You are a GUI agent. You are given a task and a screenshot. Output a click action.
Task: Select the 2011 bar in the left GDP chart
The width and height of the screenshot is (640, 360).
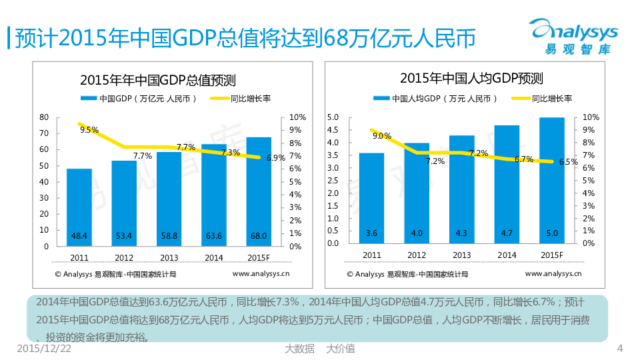pyautogui.click(x=79, y=207)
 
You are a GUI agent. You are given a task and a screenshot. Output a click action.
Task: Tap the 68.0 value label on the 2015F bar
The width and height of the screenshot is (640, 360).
pyautogui.click(x=259, y=235)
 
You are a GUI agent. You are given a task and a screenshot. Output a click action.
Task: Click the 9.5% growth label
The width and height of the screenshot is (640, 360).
pyautogui.click(x=89, y=130)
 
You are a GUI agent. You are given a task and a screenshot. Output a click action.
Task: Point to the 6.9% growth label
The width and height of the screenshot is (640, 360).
pyautogui.click(x=275, y=158)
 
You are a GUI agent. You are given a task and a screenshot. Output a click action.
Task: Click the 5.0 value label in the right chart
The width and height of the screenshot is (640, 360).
pyautogui.click(x=551, y=233)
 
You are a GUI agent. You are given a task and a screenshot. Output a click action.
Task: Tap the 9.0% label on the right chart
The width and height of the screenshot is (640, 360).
pyautogui.click(x=381, y=136)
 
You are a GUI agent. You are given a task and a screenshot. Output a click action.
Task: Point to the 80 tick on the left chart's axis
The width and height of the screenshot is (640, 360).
pyautogui.click(x=44, y=117)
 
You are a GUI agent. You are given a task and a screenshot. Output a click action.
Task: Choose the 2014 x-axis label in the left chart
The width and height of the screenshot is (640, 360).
pyautogui.click(x=214, y=258)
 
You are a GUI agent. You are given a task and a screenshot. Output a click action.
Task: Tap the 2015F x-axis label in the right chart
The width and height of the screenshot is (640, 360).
pyautogui.click(x=551, y=255)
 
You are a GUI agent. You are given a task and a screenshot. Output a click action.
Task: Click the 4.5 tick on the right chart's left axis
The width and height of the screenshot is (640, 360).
pyautogui.click(x=334, y=130)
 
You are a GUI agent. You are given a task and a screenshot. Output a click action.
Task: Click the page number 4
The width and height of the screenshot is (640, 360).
pyautogui.click(x=620, y=348)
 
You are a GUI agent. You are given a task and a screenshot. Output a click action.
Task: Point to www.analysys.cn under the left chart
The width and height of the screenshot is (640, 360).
pyautogui.click(x=261, y=273)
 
